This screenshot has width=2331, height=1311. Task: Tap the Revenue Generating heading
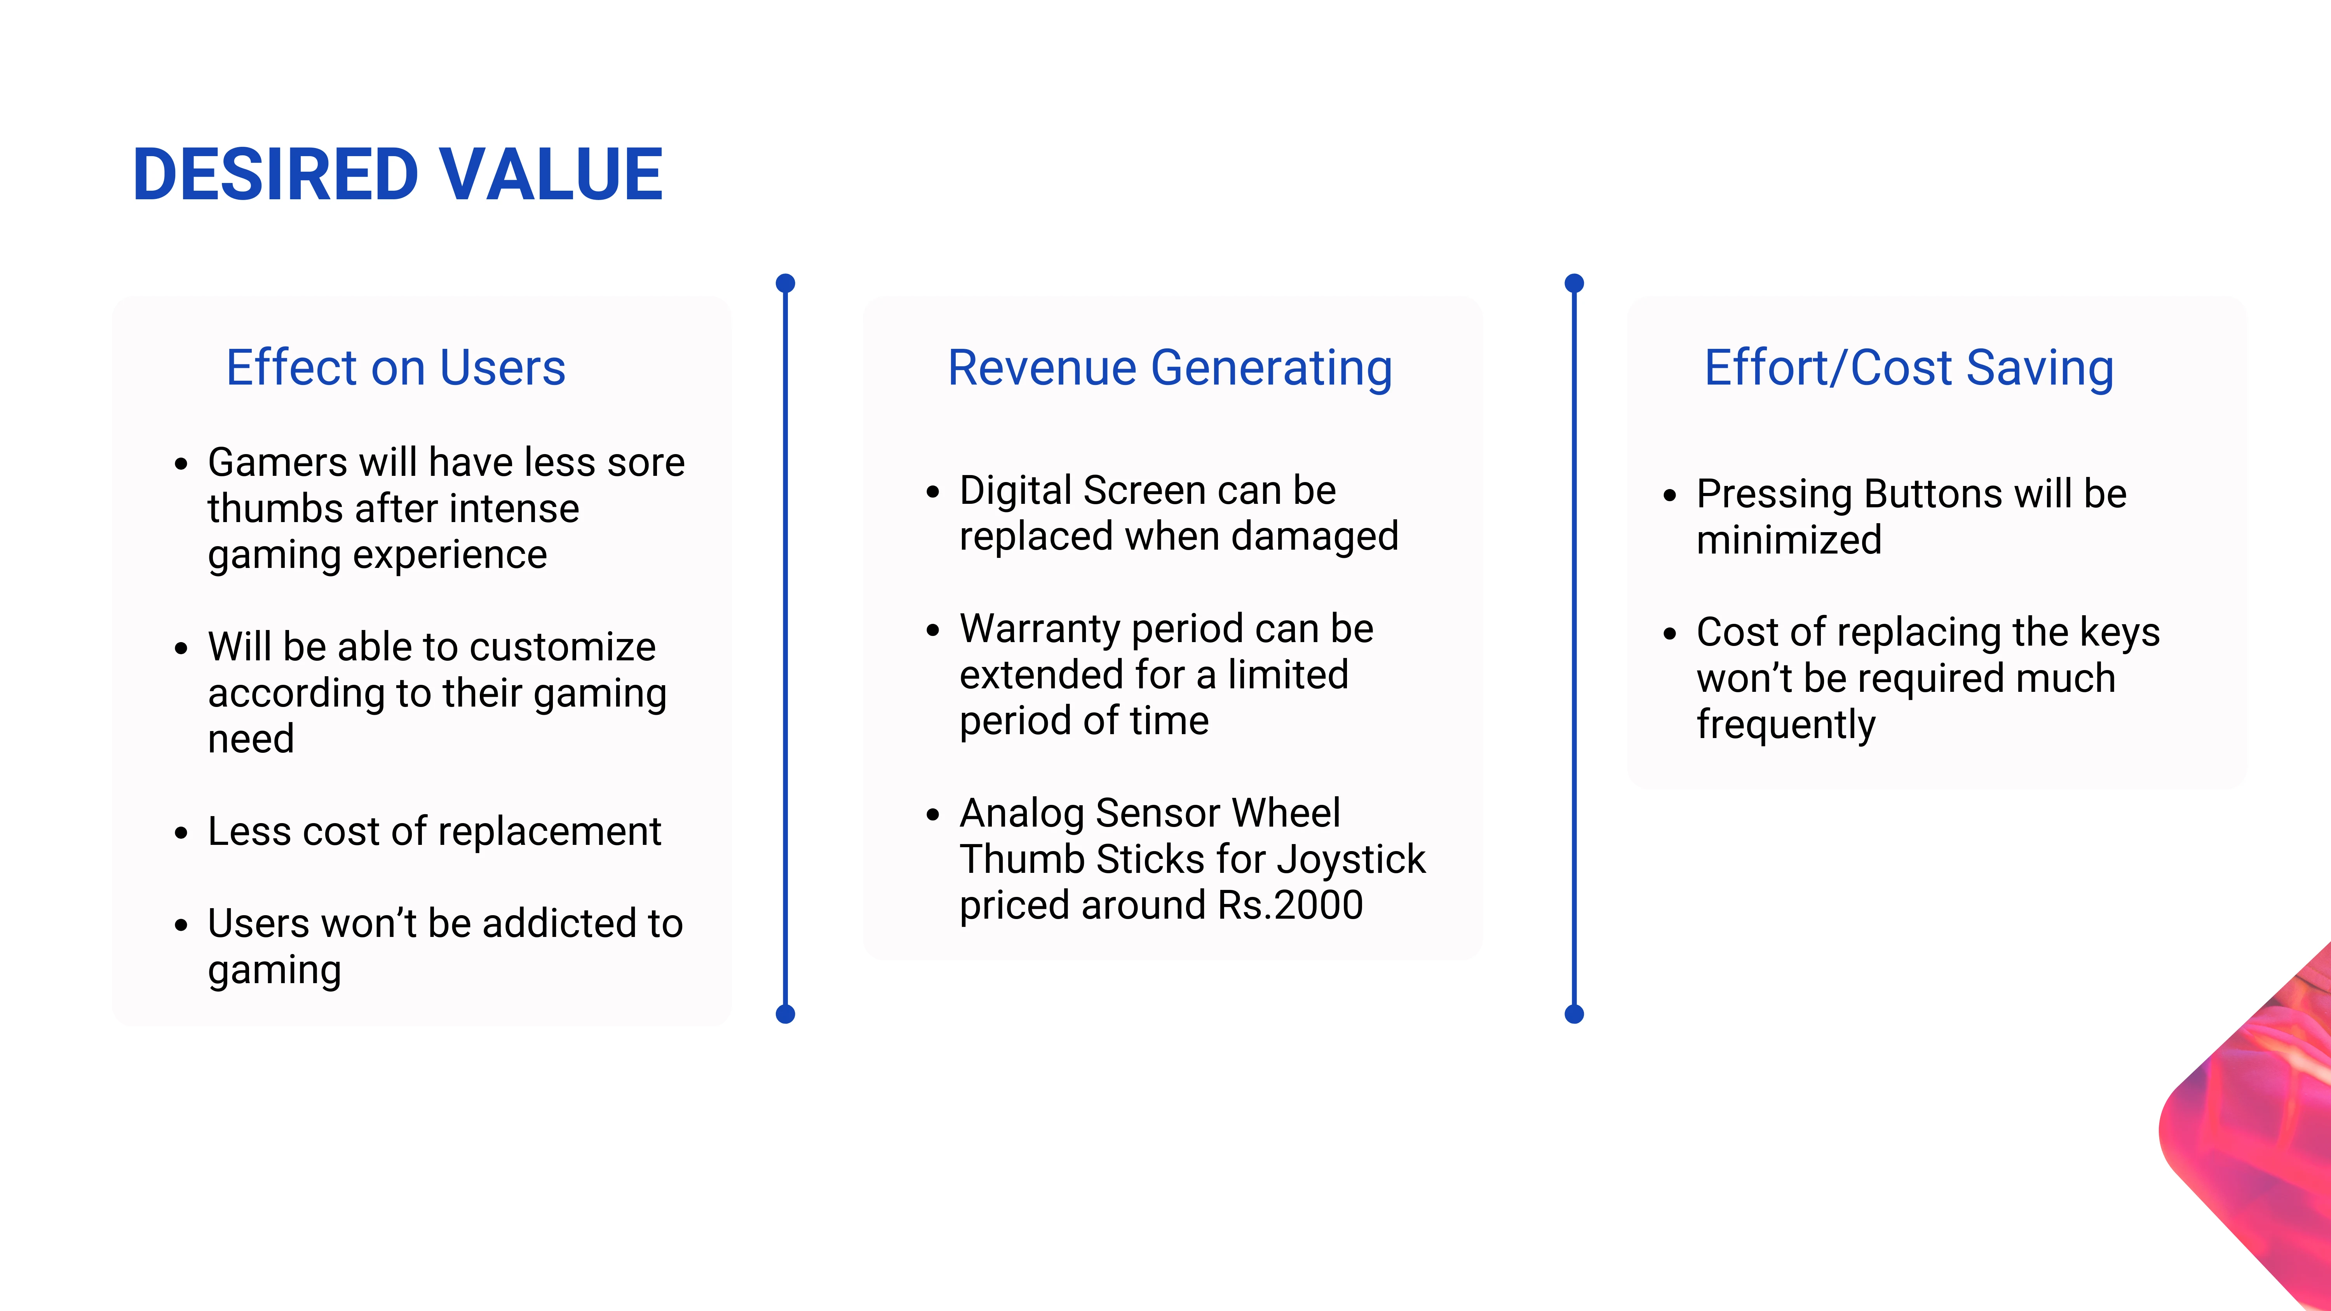(1170, 368)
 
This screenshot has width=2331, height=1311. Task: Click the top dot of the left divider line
(786, 283)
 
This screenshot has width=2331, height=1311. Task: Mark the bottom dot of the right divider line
(1575, 1014)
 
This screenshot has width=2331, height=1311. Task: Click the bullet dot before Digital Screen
(933, 492)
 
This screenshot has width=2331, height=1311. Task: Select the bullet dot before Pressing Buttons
(1671, 496)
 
